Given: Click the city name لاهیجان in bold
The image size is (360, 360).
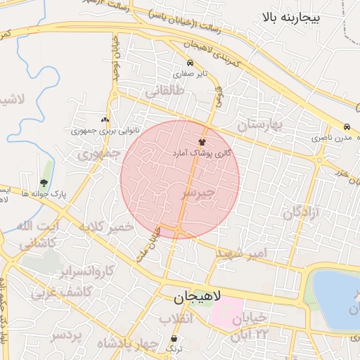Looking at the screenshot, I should pos(198,297).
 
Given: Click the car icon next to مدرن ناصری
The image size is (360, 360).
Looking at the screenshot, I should pos(347,127).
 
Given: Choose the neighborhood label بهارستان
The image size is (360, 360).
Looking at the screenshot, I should pos(258,125).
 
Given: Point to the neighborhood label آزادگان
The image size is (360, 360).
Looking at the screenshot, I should pos(302,211).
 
